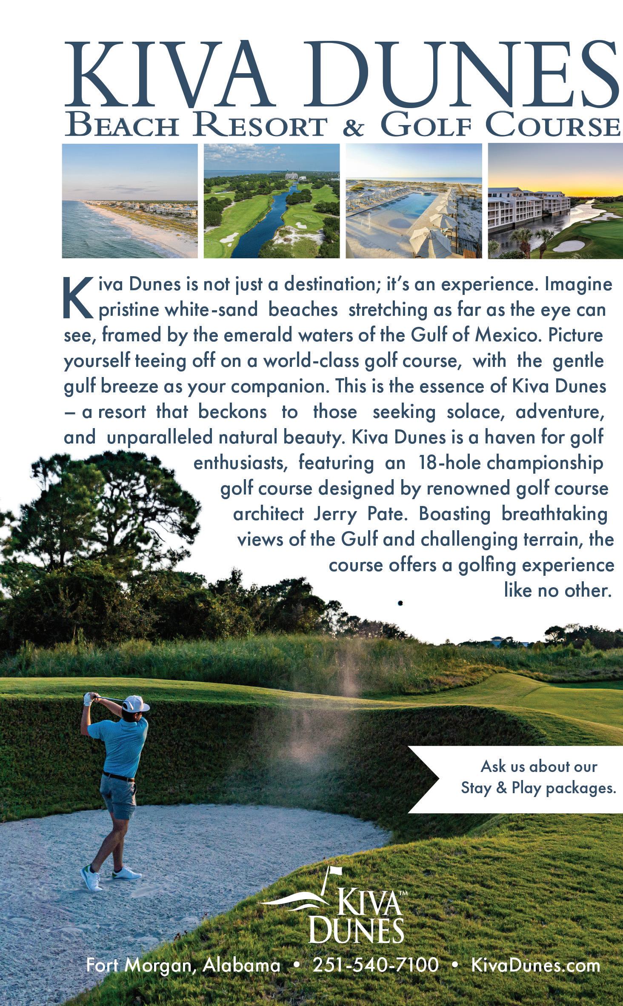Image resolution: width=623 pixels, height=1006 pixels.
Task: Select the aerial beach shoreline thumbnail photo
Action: point(130,201)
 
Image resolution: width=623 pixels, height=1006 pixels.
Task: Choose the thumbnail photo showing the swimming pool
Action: point(413,201)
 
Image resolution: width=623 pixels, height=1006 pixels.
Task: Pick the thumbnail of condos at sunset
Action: point(555,201)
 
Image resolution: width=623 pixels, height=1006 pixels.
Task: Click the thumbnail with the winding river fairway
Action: point(271,201)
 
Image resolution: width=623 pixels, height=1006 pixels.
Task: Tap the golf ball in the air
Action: point(400,603)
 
